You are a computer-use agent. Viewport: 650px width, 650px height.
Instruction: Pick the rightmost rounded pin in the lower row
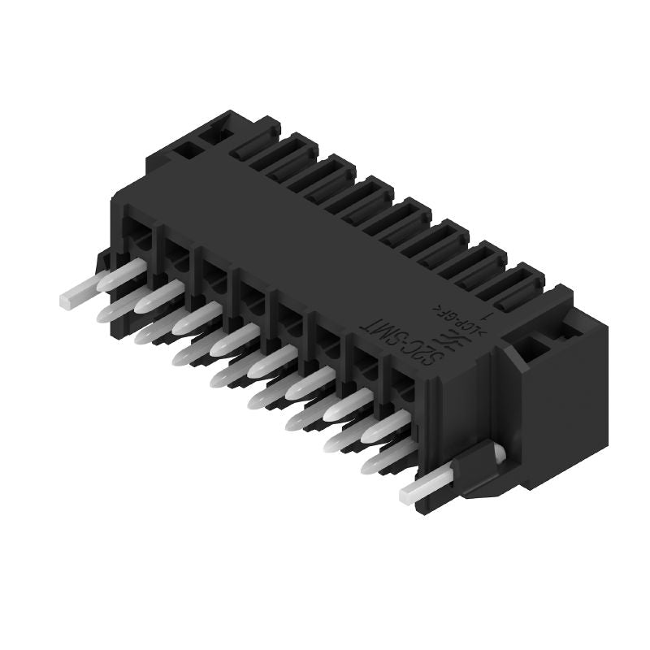[x=382, y=461]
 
